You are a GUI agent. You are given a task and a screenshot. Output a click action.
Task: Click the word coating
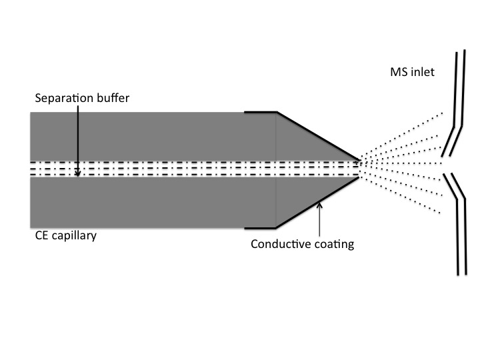pyautogui.click(x=334, y=244)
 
